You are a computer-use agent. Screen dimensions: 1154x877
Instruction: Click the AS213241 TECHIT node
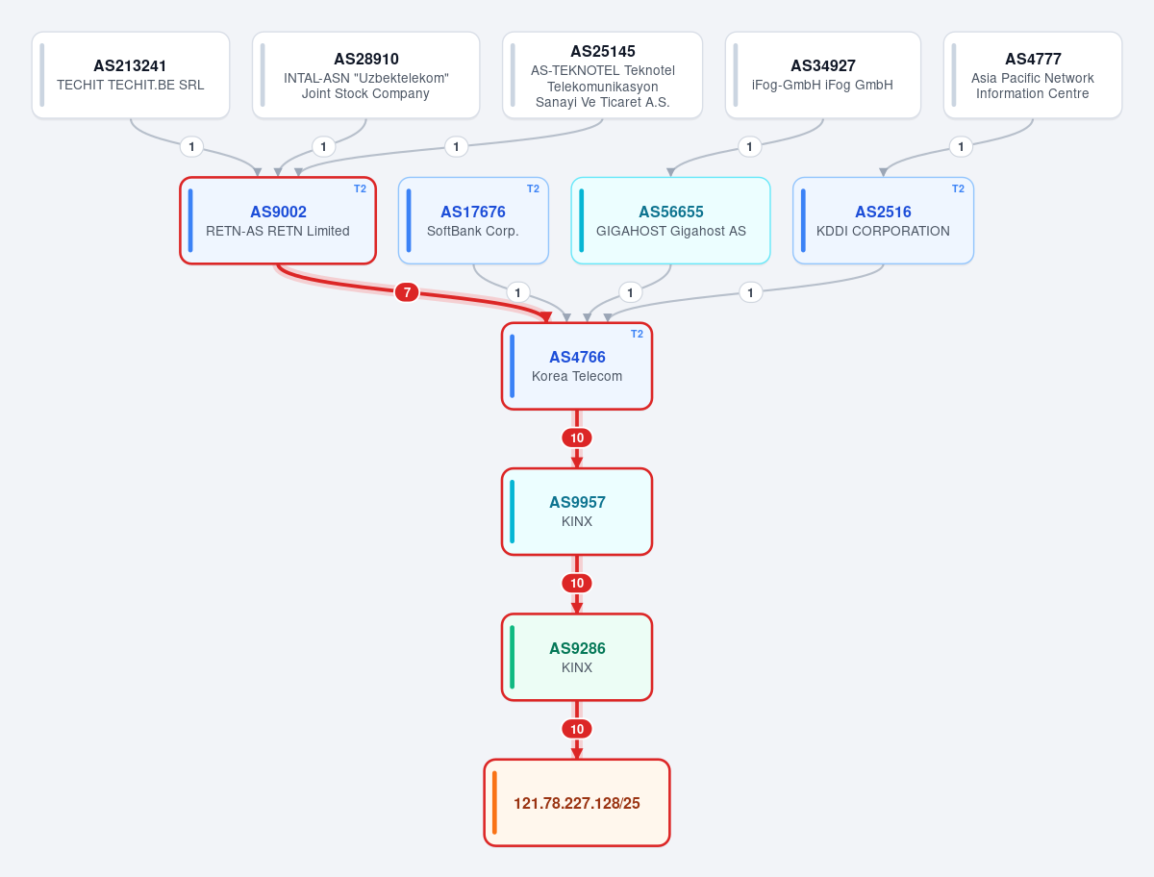pyautogui.click(x=131, y=75)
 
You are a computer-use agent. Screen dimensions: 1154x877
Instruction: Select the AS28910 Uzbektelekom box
pyautogui.click(x=366, y=75)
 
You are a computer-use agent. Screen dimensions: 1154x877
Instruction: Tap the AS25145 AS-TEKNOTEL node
pyautogui.click(x=603, y=75)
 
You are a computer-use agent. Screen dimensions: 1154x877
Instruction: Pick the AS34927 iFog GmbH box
pyautogui.click(x=823, y=75)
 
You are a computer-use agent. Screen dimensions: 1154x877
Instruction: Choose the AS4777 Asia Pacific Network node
pyautogui.click(x=1033, y=75)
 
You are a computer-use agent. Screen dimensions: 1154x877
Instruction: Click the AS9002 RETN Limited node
pyautogui.click(x=278, y=221)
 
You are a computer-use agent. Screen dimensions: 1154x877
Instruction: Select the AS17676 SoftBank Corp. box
pyautogui.click(x=473, y=221)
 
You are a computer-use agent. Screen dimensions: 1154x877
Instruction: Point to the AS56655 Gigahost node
pyautogui.click(x=671, y=221)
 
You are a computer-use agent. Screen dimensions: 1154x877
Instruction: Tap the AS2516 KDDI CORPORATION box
pyautogui.click(x=883, y=221)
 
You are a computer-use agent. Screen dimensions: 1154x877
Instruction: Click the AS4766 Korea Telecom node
pyautogui.click(x=577, y=366)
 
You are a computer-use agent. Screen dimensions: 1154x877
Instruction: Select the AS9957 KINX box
pyautogui.click(x=577, y=512)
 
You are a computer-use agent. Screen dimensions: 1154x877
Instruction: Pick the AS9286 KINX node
pyautogui.click(x=577, y=658)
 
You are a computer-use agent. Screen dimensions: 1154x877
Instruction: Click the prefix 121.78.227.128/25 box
pyautogui.click(x=577, y=803)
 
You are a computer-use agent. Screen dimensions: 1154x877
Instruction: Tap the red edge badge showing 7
pyautogui.click(x=407, y=292)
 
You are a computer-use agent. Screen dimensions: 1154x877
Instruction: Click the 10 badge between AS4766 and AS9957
pyautogui.click(x=577, y=438)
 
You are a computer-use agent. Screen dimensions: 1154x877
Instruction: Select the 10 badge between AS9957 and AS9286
pyautogui.click(x=577, y=584)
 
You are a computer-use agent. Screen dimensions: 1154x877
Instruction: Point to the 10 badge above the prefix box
pyautogui.click(x=577, y=729)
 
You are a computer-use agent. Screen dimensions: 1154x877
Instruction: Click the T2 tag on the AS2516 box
pyautogui.click(x=958, y=188)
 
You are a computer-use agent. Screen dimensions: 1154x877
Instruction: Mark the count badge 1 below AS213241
pyautogui.click(x=192, y=146)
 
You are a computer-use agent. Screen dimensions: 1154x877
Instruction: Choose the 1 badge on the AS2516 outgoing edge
pyautogui.click(x=750, y=292)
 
